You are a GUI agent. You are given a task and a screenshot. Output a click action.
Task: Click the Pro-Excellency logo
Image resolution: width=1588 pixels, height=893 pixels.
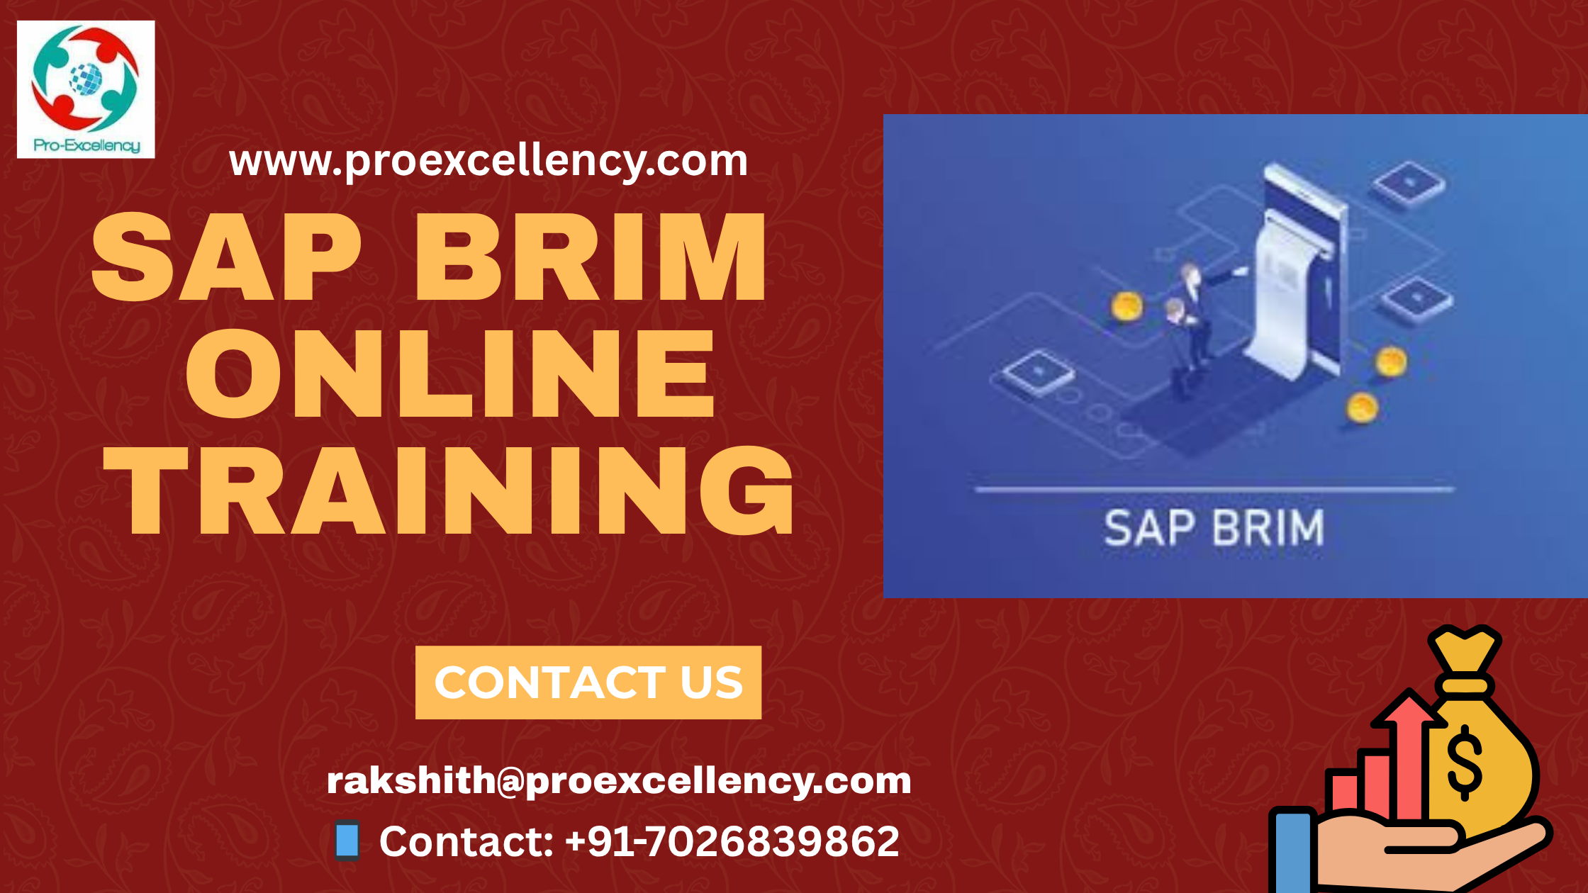pyautogui.click(x=86, y=89)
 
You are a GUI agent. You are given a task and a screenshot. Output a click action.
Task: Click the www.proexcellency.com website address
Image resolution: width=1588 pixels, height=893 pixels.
pyautogui.click(x=488, y=161)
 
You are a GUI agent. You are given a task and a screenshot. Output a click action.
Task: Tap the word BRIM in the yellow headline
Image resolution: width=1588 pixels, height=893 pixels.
pyautogui.click(x=591, y=257)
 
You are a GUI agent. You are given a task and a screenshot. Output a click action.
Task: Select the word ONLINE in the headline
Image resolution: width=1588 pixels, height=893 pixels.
pyautogui.click(x=450, y=374)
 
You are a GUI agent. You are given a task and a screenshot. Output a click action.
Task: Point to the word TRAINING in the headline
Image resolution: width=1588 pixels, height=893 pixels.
pyautogui.click(x=449, y=490)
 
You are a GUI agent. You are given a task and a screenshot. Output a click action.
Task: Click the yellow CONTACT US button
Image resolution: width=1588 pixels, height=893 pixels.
pyautogui.click(x=588, y=683)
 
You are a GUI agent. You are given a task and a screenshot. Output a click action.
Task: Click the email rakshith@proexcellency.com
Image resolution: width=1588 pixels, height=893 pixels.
pyautogui.click(x=619, y=780)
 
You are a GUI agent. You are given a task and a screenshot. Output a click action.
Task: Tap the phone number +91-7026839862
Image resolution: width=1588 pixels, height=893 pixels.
pyautogui.click(x=732, y=841)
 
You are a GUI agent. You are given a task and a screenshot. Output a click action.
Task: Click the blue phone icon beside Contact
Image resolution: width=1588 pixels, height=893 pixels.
pyautogui.click(x=347, y=841)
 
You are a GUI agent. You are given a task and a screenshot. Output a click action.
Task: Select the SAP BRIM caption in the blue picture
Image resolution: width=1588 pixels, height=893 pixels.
pyautogui.click(x=1214, y=528)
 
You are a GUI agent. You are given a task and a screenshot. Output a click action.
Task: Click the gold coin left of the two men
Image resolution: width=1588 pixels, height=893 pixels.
pyautogui.click(x=1126, y=307)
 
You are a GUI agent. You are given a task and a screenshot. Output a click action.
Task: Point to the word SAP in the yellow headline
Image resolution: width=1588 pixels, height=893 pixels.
pyautogui.click(x=227, y=257)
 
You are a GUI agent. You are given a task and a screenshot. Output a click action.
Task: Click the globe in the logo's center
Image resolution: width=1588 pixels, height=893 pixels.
pyautogui.click(x=86, y=78)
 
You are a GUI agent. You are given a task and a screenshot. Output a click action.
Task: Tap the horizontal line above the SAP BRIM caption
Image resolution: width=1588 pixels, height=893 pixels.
pyautogui.click(x=1214, y=489)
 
